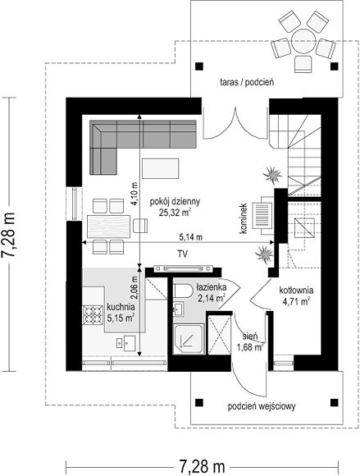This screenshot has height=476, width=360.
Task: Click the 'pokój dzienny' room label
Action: pyautogui.click(x=175, y=202)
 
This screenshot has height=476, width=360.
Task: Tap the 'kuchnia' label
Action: pyautogui.click(x=121, y=307)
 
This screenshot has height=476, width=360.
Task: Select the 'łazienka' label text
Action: pyautogui.click(x=211, y=287)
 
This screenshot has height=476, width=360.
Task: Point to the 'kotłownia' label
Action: pyautogui.click(x=296, y=291)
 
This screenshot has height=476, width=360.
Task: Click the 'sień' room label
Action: pyautogui.click(x=250, y=336)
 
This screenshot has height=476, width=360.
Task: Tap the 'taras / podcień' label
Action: pyautogui.click(x=247, y=82)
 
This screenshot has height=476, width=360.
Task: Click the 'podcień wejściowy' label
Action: pyautogui.click(x=262, y=406)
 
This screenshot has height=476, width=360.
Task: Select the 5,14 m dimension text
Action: pyautogui.click(x=191, y=237)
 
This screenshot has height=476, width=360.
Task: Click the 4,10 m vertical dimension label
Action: pyautogui.click(x=134, y=194)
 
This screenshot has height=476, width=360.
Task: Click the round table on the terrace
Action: pyautogui.click(x=303, y=42)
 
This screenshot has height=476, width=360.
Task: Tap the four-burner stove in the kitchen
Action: pyautogui.click(x=92, y=314)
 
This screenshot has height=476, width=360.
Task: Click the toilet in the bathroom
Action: pyautogui.click(x=183, y=291)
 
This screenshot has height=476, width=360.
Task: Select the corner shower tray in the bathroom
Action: pyautogui.click(x=189, y=339)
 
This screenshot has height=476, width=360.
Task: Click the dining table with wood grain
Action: pyautogui.click(x=108, y=227)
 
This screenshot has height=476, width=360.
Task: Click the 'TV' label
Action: pyautogui.click(x=182, y=254)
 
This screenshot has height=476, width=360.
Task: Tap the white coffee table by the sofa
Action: pyautogui.click(x=160, y=168)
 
